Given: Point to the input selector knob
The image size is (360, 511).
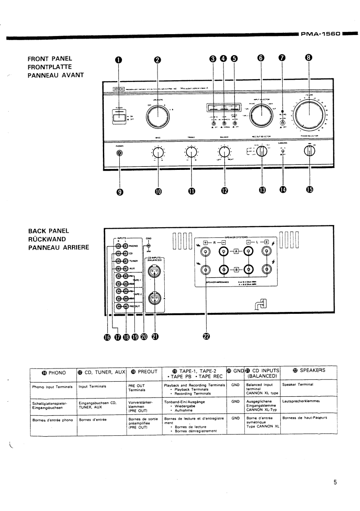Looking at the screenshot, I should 261,116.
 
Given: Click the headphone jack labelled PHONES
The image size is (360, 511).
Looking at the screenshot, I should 120,153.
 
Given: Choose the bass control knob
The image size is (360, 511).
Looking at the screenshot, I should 158,152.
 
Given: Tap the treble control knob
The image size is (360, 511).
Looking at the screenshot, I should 191,152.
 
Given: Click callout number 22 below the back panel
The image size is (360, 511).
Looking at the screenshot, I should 206,337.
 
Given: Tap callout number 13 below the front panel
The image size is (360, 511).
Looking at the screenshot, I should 262,190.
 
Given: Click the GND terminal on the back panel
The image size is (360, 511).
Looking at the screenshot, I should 149,247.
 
